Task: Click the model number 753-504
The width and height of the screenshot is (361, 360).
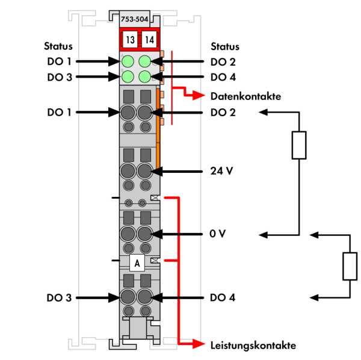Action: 134,19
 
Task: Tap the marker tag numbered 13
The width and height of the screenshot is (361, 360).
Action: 130,40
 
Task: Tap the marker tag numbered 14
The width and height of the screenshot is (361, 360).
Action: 149,40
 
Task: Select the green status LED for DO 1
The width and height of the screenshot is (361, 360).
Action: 128,61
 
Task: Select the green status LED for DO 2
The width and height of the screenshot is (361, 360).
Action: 145,61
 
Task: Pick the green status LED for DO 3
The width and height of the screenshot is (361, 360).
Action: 128,76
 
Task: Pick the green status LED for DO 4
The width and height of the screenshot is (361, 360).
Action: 145,76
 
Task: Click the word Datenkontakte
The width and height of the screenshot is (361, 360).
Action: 245,96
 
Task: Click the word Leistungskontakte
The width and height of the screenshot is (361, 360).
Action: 253,346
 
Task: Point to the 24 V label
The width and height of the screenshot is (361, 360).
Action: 221,171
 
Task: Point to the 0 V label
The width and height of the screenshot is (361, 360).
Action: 218,234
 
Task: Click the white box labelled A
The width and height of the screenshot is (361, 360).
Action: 137,263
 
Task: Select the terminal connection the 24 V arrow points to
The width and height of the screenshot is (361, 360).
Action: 144,171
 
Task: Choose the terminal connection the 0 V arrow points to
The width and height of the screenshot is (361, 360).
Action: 144,234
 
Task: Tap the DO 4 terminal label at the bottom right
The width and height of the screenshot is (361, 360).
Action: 223,297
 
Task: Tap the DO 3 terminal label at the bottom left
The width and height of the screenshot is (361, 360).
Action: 59,297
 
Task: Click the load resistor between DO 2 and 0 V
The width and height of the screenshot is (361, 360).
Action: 299,145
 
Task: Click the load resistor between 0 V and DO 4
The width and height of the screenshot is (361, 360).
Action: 350,267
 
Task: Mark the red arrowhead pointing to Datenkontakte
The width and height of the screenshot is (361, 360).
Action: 199,95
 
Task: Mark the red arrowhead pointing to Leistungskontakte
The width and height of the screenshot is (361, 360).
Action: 199,344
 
